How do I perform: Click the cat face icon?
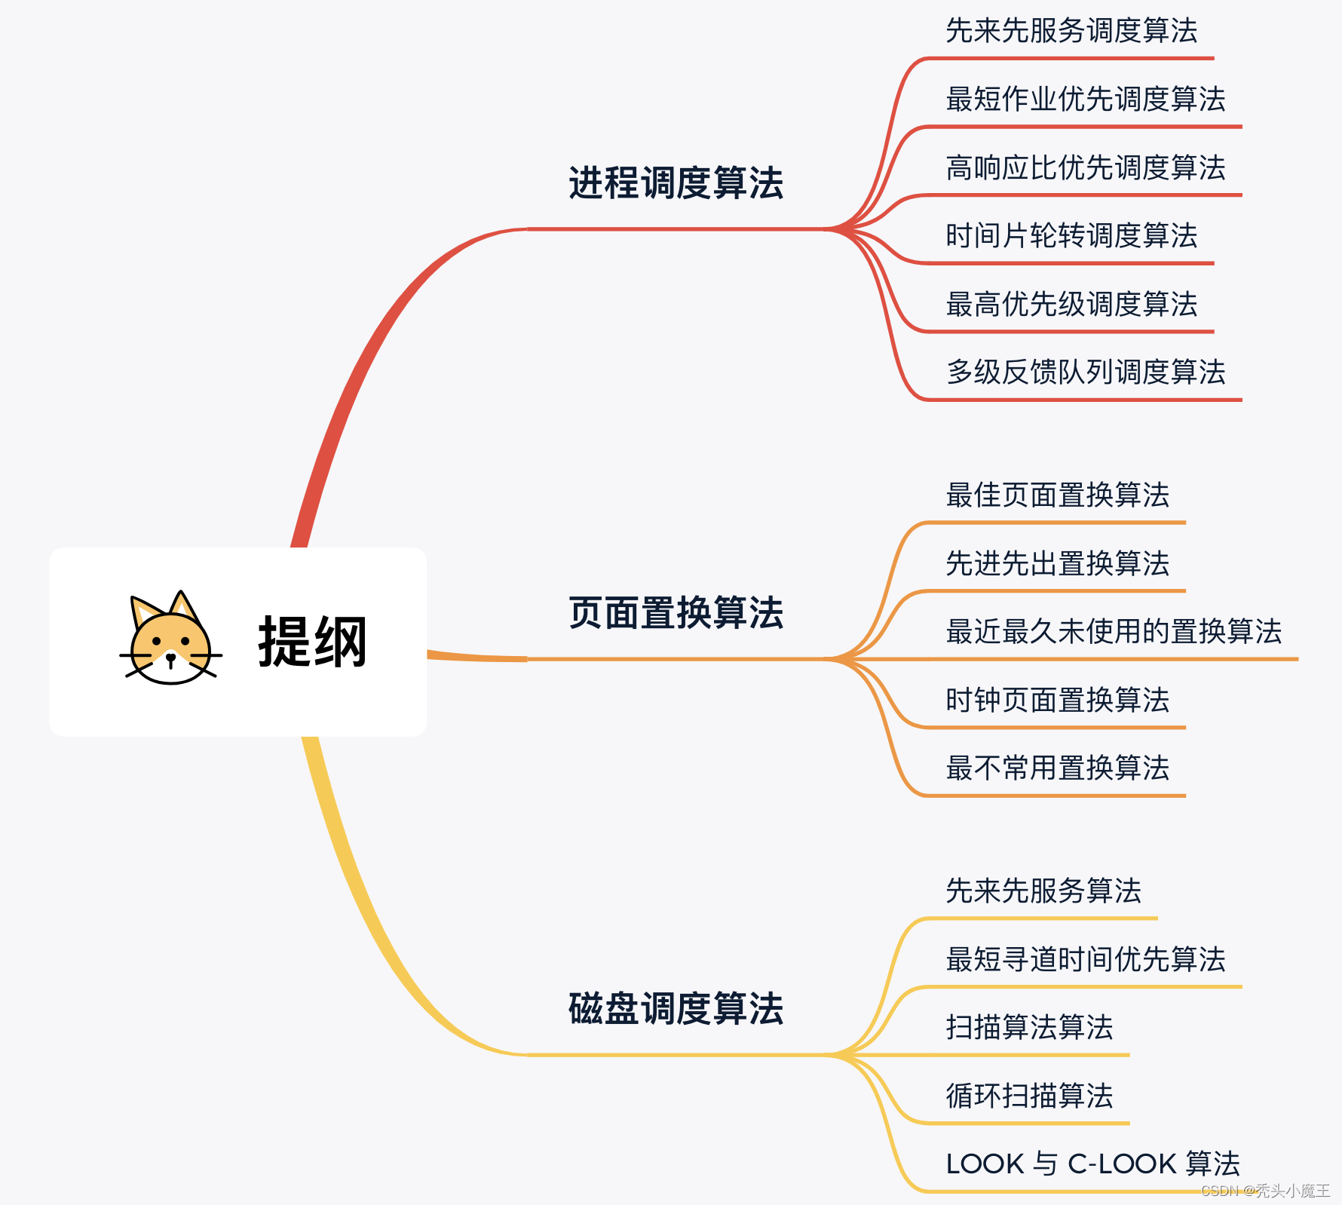click(x=170, y=639)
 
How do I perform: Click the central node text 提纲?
click(x=312, y=642)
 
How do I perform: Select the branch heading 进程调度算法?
click(x=676, y=183)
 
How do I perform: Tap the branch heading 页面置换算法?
click(x=676, y=612)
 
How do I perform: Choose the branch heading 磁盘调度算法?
click(x=676, y=1008)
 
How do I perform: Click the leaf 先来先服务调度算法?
click(x=1071, y=31)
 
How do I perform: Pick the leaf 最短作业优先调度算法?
click(x=1085, y=99)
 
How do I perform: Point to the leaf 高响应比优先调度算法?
click(x=1085, y=167)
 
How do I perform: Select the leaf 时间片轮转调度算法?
click(x=1071, y=235)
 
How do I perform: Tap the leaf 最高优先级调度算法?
click(x=1071, y=304)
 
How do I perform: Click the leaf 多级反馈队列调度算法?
click(x=1085, y=372)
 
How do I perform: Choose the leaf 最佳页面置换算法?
click(x=1057, y=495)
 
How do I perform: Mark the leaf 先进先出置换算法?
click(x=1057, y=563)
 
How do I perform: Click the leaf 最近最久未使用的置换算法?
click(x=1113, y=631)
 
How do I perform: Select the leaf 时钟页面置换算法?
click(x=1057, y=700)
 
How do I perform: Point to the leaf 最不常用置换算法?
click(x=1057, y=768)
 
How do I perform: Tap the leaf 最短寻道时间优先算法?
click(x=1085, y=959)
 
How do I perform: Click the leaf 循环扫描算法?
click(x=1029, y=1096)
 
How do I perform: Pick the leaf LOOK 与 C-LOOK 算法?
click(x=1092, y=1164)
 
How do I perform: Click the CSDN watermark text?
click(x=1264, y=1191)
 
